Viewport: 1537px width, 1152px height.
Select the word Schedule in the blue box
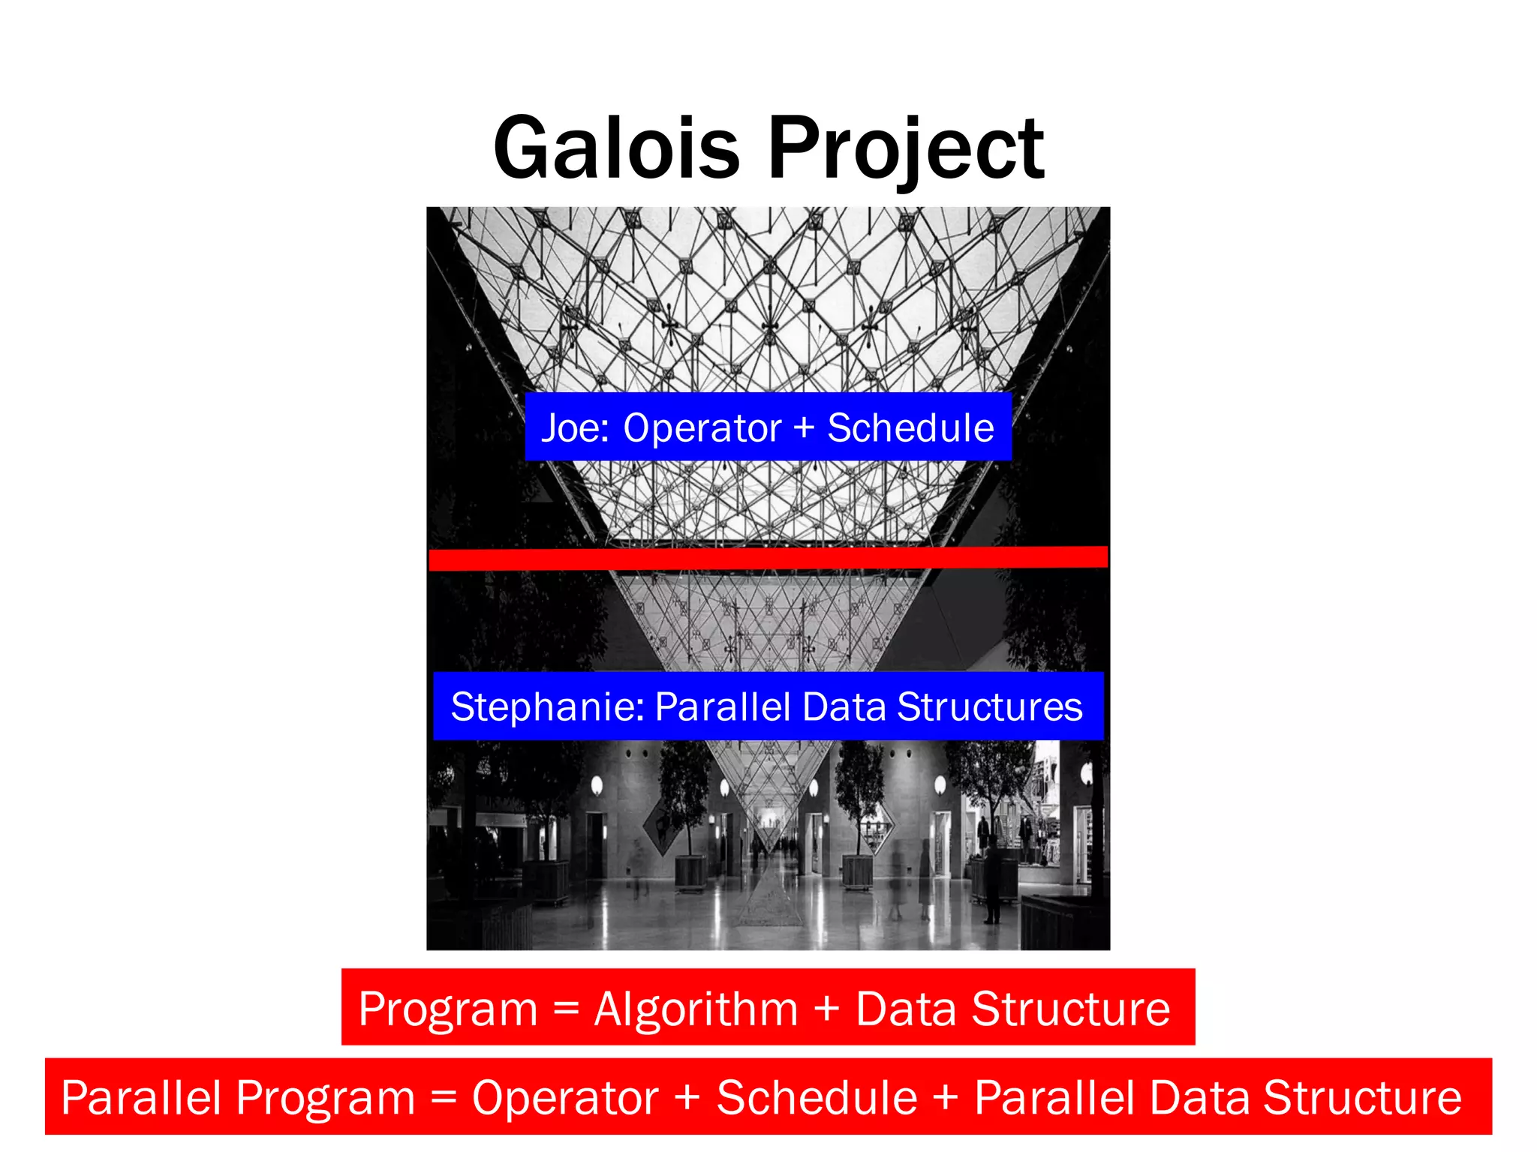[910, 428]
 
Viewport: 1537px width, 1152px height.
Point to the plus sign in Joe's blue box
[804, 428]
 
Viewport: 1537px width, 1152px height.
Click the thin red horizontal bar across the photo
[768, 559]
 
